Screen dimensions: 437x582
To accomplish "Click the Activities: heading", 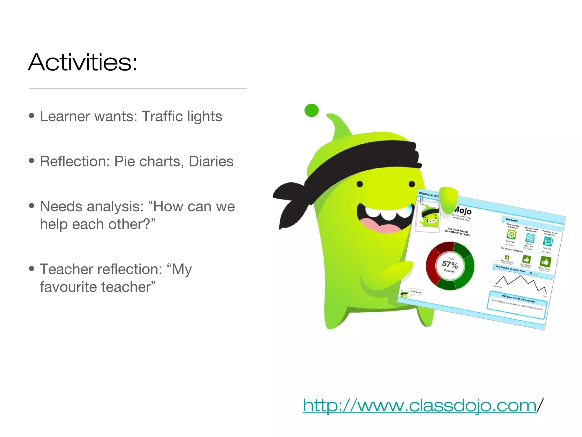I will pyautogui.click(x=82, y=62).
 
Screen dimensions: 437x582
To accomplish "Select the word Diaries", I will pyautogui.click(x=211, y=161).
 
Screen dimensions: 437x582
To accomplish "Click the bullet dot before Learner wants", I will pyautogui.click(x=32, y=116).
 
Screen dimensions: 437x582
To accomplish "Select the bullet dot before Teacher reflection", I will pyautogui.click(x=32, y=268).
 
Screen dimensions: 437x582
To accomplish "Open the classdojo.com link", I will pyautogui.click(x=419, y=405).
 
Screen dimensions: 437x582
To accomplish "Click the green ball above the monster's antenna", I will pyautogui.click(x=311, y=110).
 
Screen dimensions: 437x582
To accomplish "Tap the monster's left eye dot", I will pyautogui.click(x=359, y=184).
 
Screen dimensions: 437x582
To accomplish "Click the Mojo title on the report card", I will pyautogui.click(x=462, y=211).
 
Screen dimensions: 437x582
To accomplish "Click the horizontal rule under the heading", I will pyautogui.click(x=138, y=88).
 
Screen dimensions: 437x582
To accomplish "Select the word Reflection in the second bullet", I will pyautogui.click(x=75, y=161).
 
